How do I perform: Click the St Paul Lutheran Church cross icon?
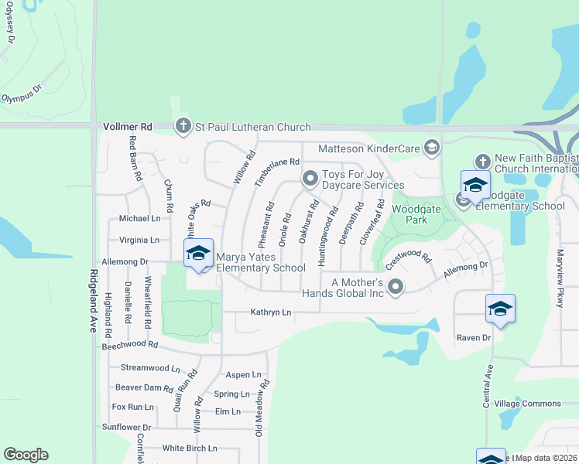pos(183,126)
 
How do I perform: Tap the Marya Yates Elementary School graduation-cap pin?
pos(198,254)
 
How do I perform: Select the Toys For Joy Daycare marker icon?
pos(310,179)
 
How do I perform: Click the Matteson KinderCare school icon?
pos(431,148)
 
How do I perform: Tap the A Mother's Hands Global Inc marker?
pos(396,288)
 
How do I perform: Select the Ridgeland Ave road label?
pos(93,300)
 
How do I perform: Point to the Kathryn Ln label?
pos(270,312)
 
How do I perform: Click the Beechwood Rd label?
pos(130,345)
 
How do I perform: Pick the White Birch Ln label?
pos(190,448)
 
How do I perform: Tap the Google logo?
pos(26,455)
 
